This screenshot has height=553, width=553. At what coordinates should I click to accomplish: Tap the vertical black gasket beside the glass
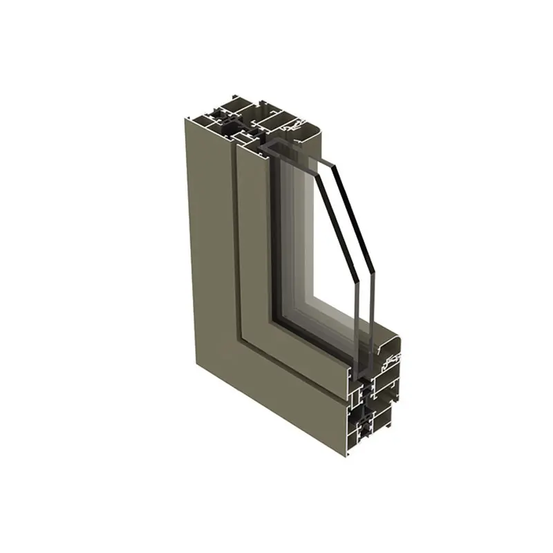click(x=274, y=235)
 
